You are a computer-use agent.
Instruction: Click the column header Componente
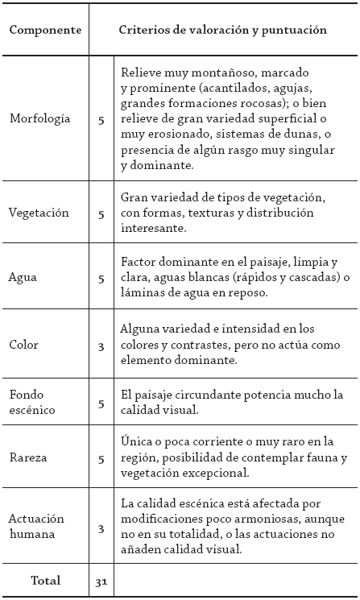(x=45, y=30)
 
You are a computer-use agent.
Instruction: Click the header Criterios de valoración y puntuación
(x=222, y=30)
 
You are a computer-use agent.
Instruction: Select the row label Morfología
(x=39, y=119)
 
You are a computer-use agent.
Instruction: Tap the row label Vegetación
(x=38, y=213)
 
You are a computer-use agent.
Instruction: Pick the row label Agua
(x=23, y=279)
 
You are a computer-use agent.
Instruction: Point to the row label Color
(x=24, y=345)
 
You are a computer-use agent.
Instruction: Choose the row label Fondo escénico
(x=31, y=402)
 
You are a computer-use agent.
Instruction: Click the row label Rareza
(x=28, y=458)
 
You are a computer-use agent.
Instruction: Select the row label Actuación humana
(x=36, y=527)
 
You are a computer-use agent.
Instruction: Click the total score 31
(x=101, y=581)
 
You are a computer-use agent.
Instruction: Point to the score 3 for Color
(x=101, y=346)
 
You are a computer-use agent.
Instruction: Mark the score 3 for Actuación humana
(x=101, y=528)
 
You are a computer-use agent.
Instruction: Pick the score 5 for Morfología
(x=101, y=120)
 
